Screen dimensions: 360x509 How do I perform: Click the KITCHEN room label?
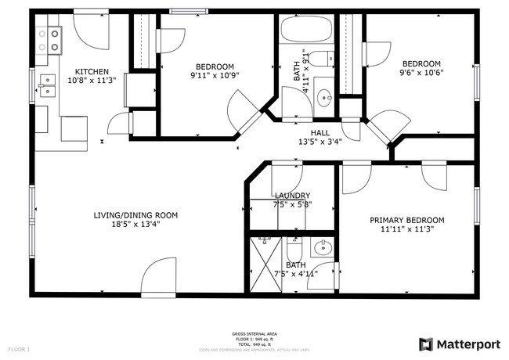[86, 72]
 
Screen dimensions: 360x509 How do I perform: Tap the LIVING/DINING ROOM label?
[136, 215]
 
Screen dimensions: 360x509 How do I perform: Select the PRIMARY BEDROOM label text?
[406, 220]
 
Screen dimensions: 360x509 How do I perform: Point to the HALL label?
[320, 132]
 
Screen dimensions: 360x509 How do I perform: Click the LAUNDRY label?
[292, 196]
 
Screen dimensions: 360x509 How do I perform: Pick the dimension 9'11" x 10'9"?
[193, 77]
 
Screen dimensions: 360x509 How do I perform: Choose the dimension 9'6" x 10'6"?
[421, 74]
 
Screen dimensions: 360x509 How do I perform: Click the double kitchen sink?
[47, 85]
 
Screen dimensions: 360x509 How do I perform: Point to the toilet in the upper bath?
[325, 57]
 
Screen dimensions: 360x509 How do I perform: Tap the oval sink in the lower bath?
[322, 250]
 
